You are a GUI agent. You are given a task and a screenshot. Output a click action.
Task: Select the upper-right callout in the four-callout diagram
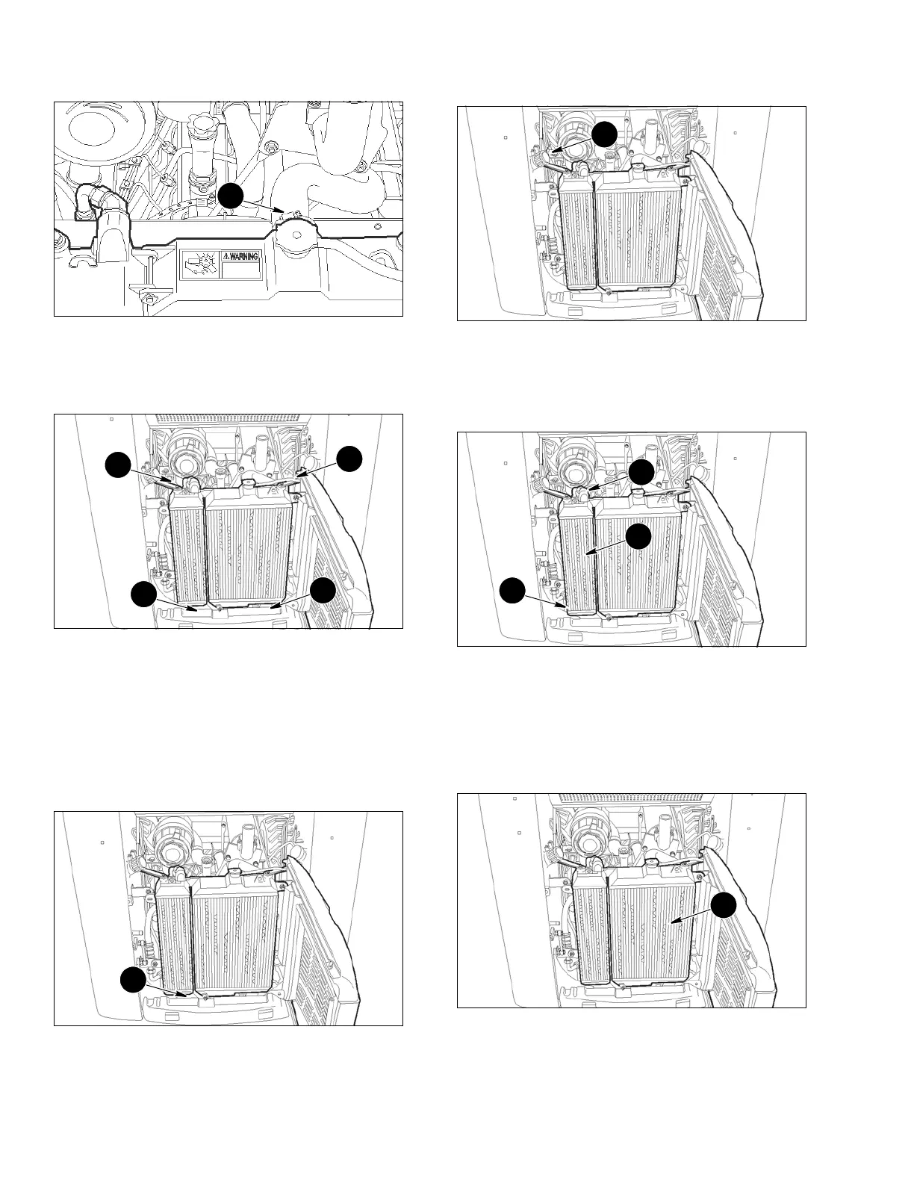(x=349, y=459)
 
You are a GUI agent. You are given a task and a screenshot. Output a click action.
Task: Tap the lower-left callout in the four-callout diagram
(x=143, y=594)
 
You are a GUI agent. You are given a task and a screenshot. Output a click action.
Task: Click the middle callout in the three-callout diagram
(x=638, y=535)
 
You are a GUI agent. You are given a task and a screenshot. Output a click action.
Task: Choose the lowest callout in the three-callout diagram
(x=512, y=590)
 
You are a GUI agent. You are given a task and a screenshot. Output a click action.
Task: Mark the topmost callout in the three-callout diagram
(x=641, y=472)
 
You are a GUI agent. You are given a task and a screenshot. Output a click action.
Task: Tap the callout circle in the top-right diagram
(x=604, y=134)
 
